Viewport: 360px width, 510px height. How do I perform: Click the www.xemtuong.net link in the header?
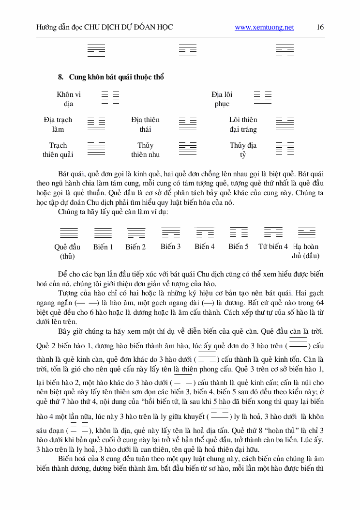(264, 28)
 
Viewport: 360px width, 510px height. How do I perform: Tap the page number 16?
(320, 27)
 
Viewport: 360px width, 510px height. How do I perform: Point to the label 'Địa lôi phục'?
(222, 99)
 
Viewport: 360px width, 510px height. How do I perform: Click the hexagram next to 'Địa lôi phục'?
(262, 97)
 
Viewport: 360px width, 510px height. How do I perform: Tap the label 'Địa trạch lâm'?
(58, 124)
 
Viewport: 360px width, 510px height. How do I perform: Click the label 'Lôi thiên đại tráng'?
(243, 124)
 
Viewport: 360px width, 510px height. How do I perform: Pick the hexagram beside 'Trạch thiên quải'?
(96, 148)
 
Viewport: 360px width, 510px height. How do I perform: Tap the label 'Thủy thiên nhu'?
(145, 150)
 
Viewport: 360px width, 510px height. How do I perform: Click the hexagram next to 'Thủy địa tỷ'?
(285, 148)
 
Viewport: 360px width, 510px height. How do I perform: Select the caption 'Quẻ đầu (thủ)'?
(67, 251)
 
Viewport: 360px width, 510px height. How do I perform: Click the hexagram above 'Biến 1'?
(103, 232)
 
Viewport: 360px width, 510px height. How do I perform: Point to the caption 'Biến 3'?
(171, 247)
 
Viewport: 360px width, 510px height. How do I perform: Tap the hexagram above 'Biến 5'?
(239, 232)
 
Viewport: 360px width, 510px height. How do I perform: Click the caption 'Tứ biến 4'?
(273, 247)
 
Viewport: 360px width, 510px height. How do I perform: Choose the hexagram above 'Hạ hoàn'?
(307, 232)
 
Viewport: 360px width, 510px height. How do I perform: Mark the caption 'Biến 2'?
(135, 247)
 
